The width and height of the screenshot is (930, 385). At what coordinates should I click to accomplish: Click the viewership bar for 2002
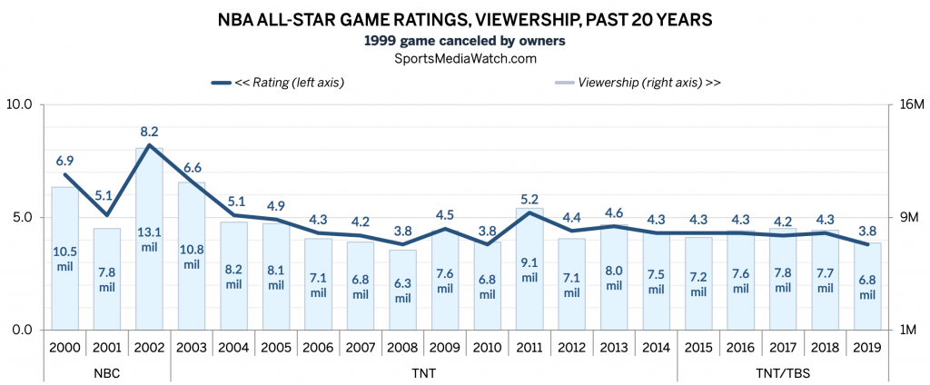pyautogui.click(x=149, y=239)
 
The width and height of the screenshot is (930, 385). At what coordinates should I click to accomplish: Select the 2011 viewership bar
pyautogui.click(x=529, y=269)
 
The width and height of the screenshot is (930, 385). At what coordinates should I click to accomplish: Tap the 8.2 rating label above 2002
pyautogui.click(x=150, y=131)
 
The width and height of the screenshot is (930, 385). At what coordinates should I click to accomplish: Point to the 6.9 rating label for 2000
pyautogui.click(x=65, y=161)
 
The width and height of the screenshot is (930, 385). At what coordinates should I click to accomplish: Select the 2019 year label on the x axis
pyautogui.click(x=867, y=347)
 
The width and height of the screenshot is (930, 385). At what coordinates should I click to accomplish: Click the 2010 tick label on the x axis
pyautogui.click(x=487, y=347)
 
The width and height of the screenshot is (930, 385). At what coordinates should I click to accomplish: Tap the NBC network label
pyautogui.click(x=107, y=374)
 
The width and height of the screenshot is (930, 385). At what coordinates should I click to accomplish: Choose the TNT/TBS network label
pyautogui.click(x=783, y=374)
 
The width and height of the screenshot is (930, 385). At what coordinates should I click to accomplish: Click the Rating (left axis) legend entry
pyautogui.click(x=278, y=83)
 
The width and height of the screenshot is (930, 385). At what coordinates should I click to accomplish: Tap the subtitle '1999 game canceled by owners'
pyautogui.click(x=465, y=41)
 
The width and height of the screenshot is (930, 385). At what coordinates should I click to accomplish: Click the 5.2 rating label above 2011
pyautogui.click(x=529, y=199)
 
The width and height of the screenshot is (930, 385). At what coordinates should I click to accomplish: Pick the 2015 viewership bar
pyautogui.click(x=698, y=283)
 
